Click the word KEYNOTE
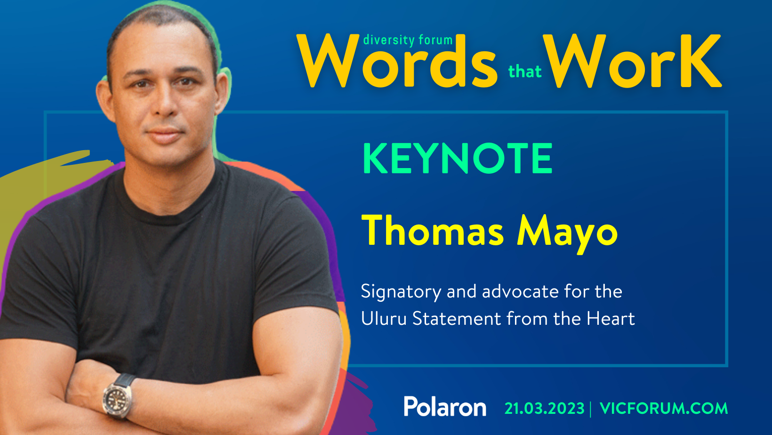[x=457, y=159]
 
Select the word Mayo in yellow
[x=567, y=231]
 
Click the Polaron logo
[x=445, y=407]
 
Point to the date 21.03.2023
[x=544, y=409]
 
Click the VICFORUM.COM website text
[x=664, y=409]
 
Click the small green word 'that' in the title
[x=524, y=72]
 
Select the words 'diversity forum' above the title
[x=408, y=40]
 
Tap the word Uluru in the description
[x=383, y=319]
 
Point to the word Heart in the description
[x=611, y=319]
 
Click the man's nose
[x=165, y=106]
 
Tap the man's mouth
[x=165, y=135]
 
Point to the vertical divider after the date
[x=591, y=409]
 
